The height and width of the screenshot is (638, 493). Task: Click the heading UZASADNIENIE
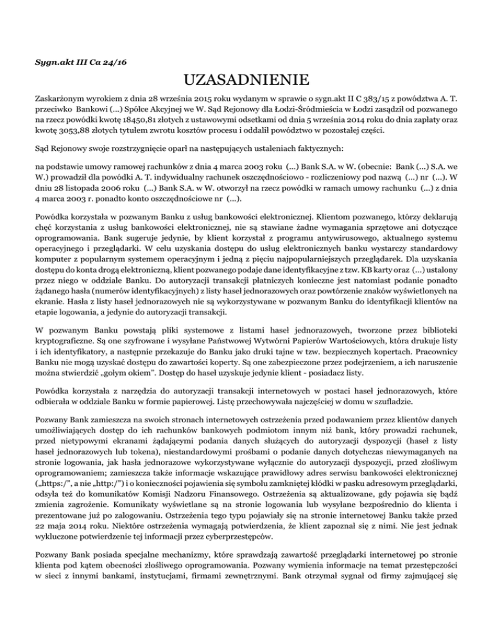click(x=246, y=80)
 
